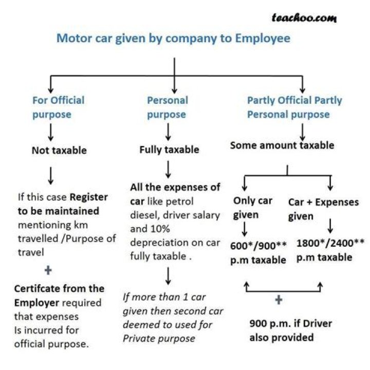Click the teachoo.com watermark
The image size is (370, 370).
304,18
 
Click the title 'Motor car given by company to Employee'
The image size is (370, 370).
173,39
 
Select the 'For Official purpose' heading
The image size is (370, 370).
58,107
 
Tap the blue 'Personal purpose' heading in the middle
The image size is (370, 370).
168,107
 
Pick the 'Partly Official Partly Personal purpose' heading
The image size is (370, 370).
294,107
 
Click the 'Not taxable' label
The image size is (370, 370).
59,151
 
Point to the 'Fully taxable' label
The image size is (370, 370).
169,150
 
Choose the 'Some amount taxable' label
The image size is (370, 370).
282,145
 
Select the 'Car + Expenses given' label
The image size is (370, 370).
323,209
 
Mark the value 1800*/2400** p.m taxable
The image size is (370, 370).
330,249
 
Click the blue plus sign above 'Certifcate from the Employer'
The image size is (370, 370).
48,270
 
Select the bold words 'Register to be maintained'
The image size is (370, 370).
64,204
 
